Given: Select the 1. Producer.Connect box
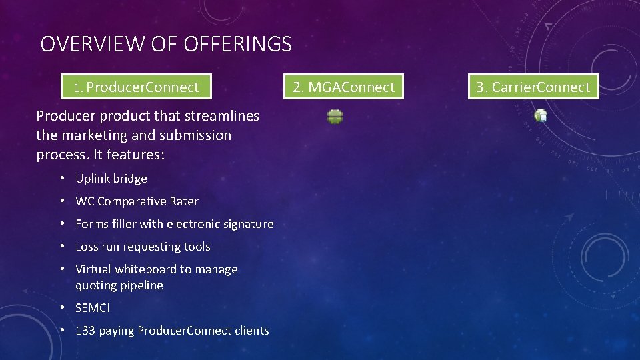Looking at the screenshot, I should click(136, 87).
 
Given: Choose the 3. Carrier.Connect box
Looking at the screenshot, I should click(533, 87).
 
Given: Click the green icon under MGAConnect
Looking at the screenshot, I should click(335, 117).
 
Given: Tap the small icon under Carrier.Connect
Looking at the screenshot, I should click(541, 115).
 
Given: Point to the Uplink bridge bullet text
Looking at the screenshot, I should click(111, 179).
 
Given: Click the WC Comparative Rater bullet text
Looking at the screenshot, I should click(137, 201).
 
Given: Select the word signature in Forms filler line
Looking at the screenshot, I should click(248, 224).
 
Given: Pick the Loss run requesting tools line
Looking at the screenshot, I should click(143, 247).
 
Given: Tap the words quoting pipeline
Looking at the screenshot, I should click(119, 285).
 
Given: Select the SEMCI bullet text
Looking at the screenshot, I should click(93, 308).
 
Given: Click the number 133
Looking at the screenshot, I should click(85, 331).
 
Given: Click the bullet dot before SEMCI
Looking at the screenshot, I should click(61, 308).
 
